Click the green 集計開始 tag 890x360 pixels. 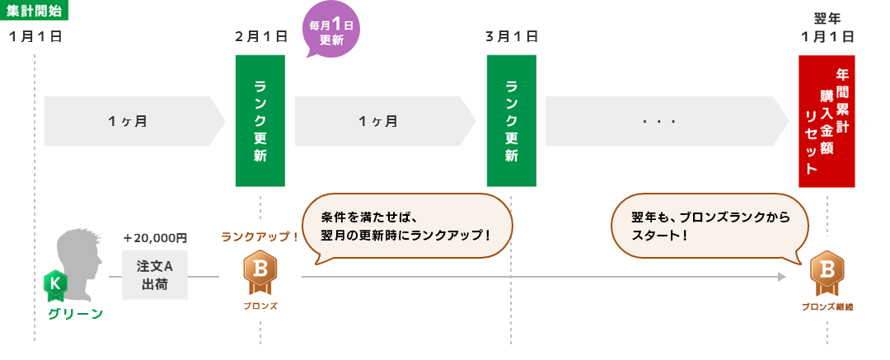click(34, 10)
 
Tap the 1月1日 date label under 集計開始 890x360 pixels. click(35, 37)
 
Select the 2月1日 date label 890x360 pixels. click(261, 37)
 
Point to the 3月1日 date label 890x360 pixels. click(512, 37)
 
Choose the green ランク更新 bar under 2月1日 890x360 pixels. click(260, 120)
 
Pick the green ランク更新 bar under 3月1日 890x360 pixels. click(512, 120)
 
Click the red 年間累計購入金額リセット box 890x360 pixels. click(827, 121)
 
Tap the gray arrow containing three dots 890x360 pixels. click(667, 121)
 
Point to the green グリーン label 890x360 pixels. click(76, 314)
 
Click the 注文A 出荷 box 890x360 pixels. click(154, 275)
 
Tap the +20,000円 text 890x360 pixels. click(154, 238)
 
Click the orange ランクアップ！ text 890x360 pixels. click(260, 236)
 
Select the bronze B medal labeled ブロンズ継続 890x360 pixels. click(827, 274)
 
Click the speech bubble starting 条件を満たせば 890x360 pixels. click(407, 226)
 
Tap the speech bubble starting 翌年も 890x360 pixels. click(710, 226)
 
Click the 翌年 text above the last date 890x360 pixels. click(827, 19)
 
